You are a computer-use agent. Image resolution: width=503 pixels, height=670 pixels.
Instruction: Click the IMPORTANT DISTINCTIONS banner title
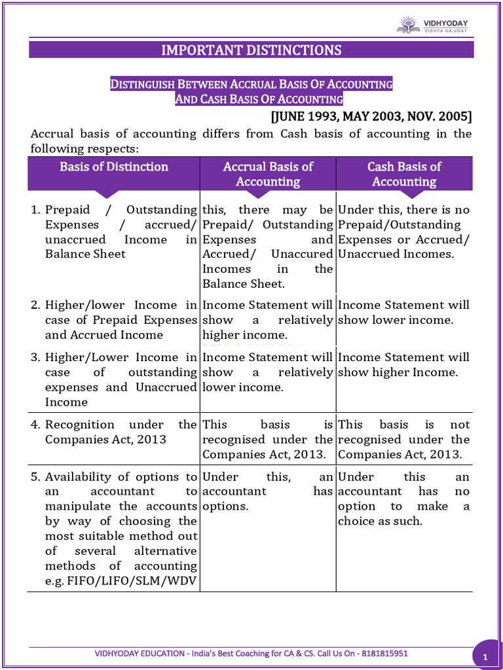[x=251, y=50]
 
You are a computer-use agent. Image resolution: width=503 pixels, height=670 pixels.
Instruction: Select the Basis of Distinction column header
[x=114, y=167]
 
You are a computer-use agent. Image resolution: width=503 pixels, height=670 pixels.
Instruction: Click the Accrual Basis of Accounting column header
[x=268, y=174]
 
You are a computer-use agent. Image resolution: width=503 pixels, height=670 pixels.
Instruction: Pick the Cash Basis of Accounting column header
[x=404, y=174]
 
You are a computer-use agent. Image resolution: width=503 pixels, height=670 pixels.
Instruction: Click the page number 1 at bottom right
[x=485, y=656]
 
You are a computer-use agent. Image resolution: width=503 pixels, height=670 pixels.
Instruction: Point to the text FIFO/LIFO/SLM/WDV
[x=132, y=580]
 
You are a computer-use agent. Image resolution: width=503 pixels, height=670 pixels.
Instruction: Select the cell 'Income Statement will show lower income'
[x=403, y=313]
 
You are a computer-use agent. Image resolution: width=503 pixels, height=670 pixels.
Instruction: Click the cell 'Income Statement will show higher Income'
[x=403, y=365]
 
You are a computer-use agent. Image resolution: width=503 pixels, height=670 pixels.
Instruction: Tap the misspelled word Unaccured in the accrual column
[x=302, y=254]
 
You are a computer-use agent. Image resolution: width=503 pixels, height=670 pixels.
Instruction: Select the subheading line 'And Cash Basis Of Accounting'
[x=259, y=99]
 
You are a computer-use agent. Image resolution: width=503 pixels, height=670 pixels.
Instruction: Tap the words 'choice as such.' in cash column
[x=380, y=521]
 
